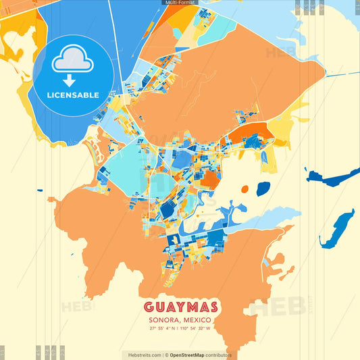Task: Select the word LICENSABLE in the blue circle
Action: pyautogui.click(x=73, y=95)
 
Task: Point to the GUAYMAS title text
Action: pyautogui.click(x=180, y=306)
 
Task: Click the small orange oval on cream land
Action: pyautogui.click(x=244, y=188)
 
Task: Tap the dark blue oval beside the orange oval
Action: pyautogui.click(x=263, y=188)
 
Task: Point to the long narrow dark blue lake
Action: pyautogui.click(x=338, y=229)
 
